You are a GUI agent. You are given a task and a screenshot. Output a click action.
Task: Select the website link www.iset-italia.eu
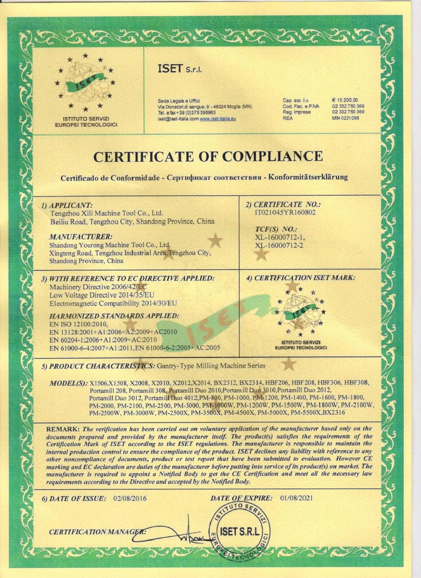coord(218,119)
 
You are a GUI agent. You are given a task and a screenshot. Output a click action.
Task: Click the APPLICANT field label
coord(67,206)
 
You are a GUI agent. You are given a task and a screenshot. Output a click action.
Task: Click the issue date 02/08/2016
coord(130,498)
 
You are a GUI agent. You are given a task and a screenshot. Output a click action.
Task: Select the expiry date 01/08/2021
coord(296,498)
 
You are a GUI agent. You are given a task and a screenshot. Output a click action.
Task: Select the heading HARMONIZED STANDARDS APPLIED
coord(114,316)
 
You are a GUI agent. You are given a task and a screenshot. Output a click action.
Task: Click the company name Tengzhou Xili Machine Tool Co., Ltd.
coord(107,213)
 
